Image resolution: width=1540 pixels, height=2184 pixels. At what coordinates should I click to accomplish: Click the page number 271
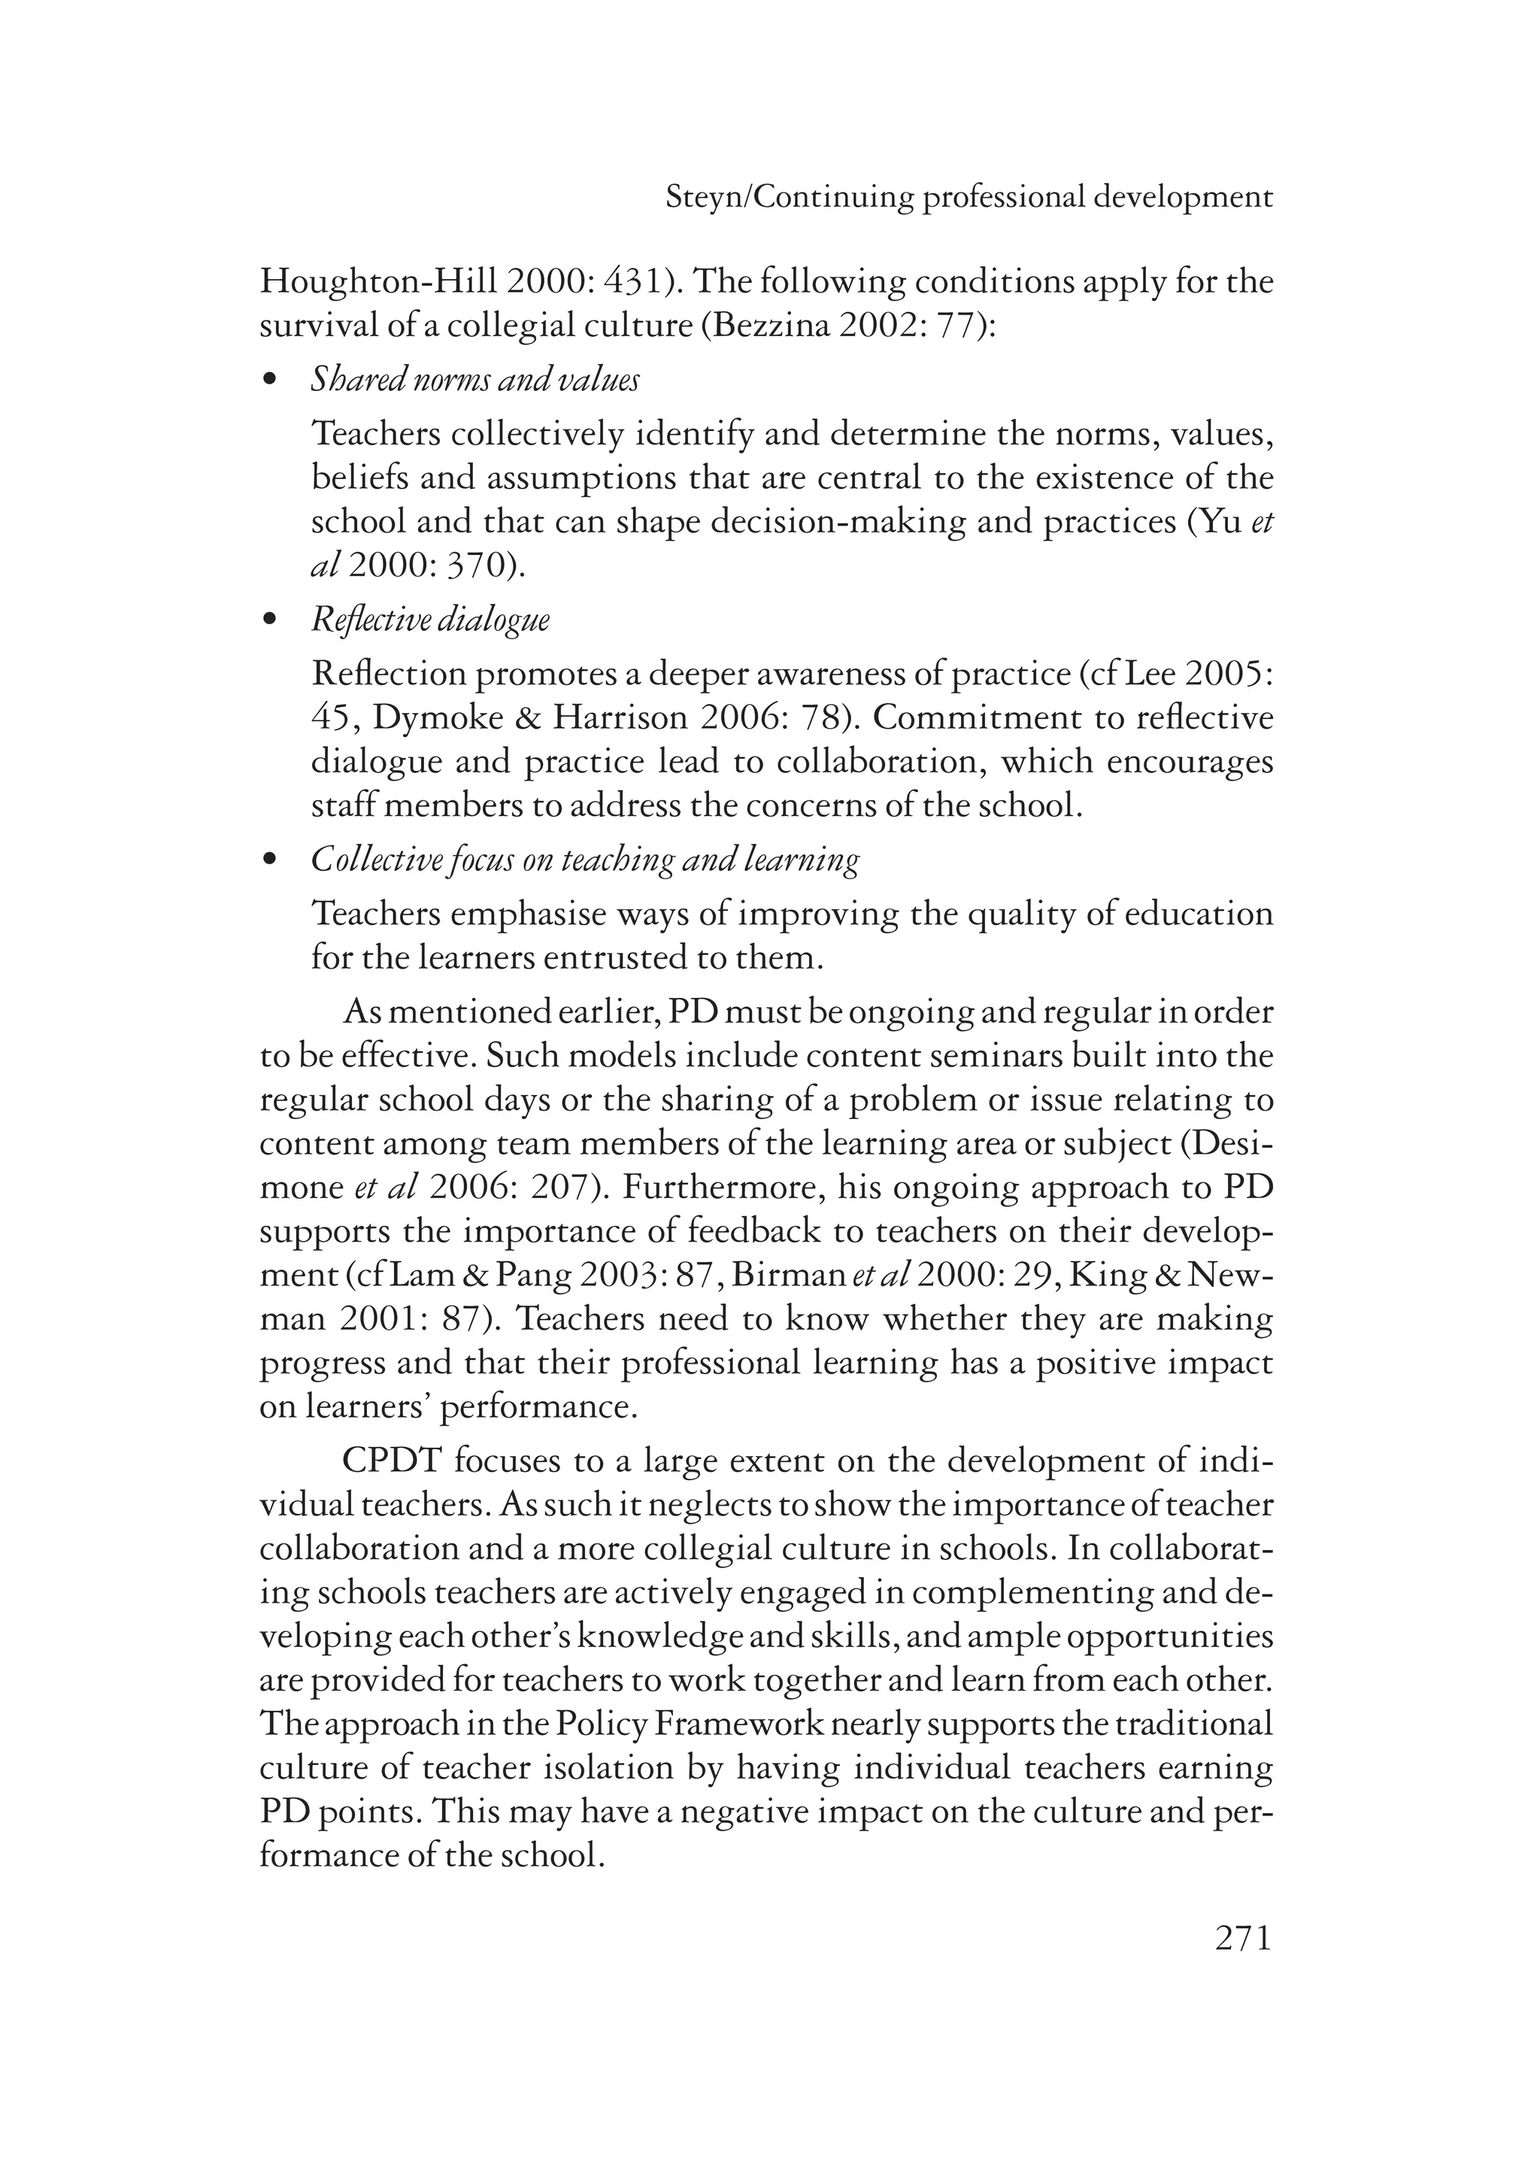click(x=1242, y=1937)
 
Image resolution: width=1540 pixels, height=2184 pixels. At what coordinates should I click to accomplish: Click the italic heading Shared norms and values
click(x=474, y=381)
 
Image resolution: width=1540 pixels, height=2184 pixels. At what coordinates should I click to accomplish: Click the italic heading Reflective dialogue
click(x=430, y=621)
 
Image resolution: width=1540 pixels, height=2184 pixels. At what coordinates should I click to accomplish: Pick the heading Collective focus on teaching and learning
click(x=585, y=861)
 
